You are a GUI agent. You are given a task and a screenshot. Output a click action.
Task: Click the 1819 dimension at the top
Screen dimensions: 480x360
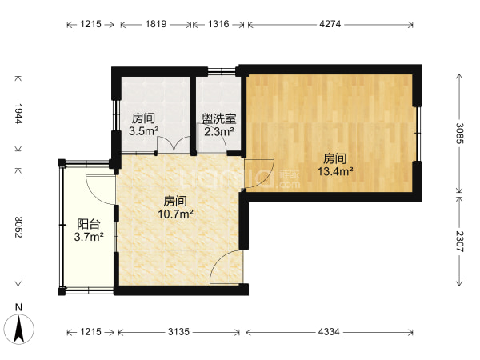(156, 24)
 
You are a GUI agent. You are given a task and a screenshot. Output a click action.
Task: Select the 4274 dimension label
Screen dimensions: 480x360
(330, 24)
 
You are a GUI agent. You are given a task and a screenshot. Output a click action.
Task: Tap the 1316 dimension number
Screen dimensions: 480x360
(218, 24)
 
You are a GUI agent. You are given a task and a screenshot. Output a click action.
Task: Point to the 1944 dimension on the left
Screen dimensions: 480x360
(18, 114)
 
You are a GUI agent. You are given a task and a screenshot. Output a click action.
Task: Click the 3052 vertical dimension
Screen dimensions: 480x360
(18, 227)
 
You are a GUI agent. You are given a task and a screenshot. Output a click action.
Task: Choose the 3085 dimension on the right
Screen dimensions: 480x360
(459, 133)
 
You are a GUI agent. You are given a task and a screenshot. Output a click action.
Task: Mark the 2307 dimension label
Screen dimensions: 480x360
(459, 242)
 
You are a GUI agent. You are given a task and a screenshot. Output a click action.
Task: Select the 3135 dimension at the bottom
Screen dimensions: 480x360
(178, 332)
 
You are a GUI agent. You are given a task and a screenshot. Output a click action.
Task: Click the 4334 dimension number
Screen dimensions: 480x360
(329, 332)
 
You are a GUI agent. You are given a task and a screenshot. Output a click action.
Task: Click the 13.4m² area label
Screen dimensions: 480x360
(335, 171)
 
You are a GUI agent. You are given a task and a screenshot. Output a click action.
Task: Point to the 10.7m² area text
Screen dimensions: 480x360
(175, 214)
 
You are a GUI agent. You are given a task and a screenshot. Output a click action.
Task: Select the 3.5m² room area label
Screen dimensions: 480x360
(143, 131)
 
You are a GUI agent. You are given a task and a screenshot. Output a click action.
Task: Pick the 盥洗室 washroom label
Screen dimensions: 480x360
(219, 118)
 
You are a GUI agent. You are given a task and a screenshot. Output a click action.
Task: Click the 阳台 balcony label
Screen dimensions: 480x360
(89, 224)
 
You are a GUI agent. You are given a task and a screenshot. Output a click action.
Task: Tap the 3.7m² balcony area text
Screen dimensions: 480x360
(89, 237)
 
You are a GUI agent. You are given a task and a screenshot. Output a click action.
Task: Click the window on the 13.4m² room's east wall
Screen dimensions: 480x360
(416, 134)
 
